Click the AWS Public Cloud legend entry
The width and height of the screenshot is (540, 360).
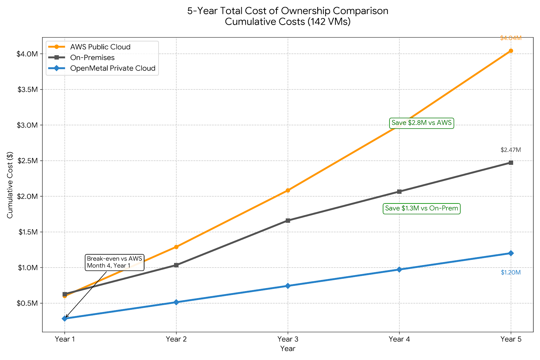coord(100,47)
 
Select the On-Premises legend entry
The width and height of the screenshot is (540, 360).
coord(92,58)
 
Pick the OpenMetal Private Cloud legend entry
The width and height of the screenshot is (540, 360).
coord(113,68)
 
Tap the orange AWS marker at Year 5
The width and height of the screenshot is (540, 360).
coord(511,51)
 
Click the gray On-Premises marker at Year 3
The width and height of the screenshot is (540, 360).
coord(288,221)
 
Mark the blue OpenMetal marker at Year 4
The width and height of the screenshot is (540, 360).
coord(399,270)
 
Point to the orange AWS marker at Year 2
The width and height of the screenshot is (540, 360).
coord(176,247)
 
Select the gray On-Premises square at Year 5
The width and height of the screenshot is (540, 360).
coord(511,163)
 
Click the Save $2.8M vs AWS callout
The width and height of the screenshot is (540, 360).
coord(421,123)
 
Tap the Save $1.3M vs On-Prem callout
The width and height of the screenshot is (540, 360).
coord(422,209)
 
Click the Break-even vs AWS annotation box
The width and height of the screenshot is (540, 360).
coord(114,262)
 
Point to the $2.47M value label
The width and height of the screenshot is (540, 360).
coord(511,150)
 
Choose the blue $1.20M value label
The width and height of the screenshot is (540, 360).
coord(511,273)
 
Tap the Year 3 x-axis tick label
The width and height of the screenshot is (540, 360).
coord(288,339)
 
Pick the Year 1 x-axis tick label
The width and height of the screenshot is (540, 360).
coord(65,339)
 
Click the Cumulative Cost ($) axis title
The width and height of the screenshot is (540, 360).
coord(10,185)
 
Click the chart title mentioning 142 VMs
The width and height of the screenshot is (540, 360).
coord(288,16)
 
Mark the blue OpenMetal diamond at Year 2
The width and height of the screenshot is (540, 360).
coord(176,302)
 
